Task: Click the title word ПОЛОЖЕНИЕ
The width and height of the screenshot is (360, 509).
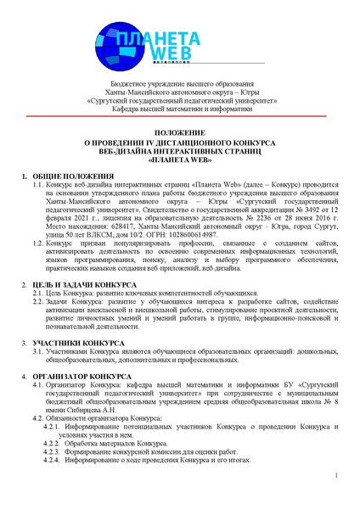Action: (181, 134)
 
